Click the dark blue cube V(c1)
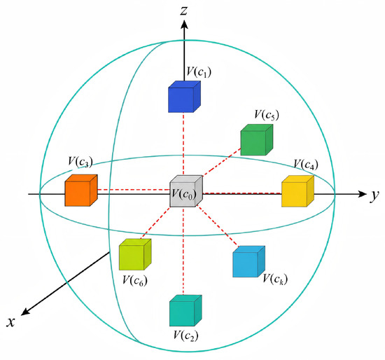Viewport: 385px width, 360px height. pyautogui.click(x=184, y=97)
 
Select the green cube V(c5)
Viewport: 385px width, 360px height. pyautogui.click(x=257, y=140)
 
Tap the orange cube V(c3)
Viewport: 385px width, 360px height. pyautogui.click(x=81, y=191)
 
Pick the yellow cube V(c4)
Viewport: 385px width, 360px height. pyautogui.click(x=297, y=191)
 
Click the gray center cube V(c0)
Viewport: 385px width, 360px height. pyautogui.click(x=186, y=191)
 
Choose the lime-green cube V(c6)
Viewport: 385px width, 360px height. pyautogui.click(x=135, y=254)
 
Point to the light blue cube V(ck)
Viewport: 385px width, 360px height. pyautogui.click(x=248, y=261)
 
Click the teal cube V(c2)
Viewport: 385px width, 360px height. pyautogui.click(x=185, y=310)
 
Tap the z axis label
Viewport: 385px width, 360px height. pyautogui.click(x=184, y=11)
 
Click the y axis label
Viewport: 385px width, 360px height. pyautogui.click(x=374, y=196)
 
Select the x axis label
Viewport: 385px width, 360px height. pyautogui.click(x=10, y=322)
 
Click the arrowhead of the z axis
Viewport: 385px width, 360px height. pyautogui.click(x=184, y=25)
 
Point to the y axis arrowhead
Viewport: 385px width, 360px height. pyautogui.click(x=362, y=194)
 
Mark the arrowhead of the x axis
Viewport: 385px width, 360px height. pyautogui.click(x=25, y=312)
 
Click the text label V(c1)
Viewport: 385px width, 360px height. pyautogui.click(x=199, y=72)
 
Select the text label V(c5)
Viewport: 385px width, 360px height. pyautogui.click(x=267, y=115)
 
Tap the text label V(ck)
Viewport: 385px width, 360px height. pyautogui.click(x=275, y=279)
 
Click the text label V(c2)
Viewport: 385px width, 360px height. pyautogui.click(x=186, y=335)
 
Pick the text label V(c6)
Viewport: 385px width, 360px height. pyautogui.click(x=135, y=280)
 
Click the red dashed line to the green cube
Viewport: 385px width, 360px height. pyautogui.click(x=221, y=162)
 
